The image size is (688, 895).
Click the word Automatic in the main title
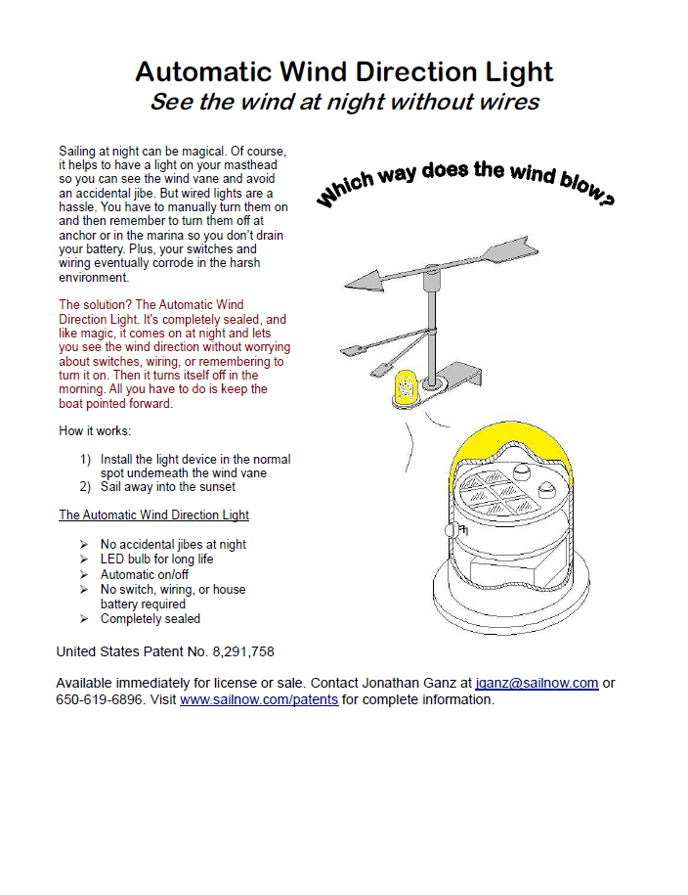coord(203,71)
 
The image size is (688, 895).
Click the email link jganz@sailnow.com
coord(537,683)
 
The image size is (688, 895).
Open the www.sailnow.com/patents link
coord(259,700)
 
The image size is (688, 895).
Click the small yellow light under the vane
coord(404,388)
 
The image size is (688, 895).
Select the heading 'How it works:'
coord(95,431)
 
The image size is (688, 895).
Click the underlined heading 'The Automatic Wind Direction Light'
coord(153,515)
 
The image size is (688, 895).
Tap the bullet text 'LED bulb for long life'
coord(156,559)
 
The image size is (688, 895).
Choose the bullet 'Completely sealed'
coord(150,619)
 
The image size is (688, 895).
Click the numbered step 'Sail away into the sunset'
coord(168,486)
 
